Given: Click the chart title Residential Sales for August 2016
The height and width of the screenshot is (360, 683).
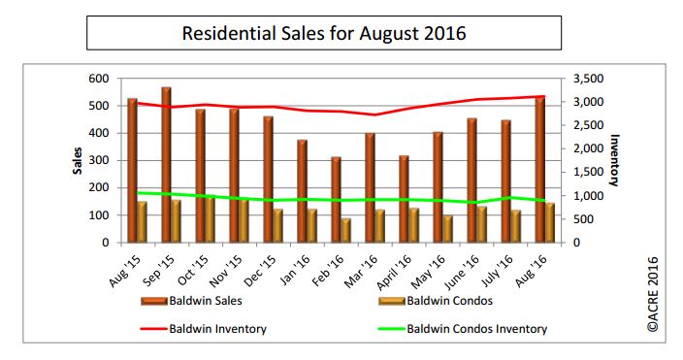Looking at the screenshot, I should [x=324, y=34].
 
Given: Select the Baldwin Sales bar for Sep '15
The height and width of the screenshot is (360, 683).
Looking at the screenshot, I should [x=167, y=165].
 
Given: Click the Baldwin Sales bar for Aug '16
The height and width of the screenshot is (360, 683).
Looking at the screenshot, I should [x=540, y=170].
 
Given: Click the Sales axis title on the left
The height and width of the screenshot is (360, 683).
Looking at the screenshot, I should [x=76, y=161].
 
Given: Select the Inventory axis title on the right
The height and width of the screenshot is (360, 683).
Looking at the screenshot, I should [x=614, y=160].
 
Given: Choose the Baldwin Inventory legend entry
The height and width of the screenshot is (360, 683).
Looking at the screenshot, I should [x=223, y=329].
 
